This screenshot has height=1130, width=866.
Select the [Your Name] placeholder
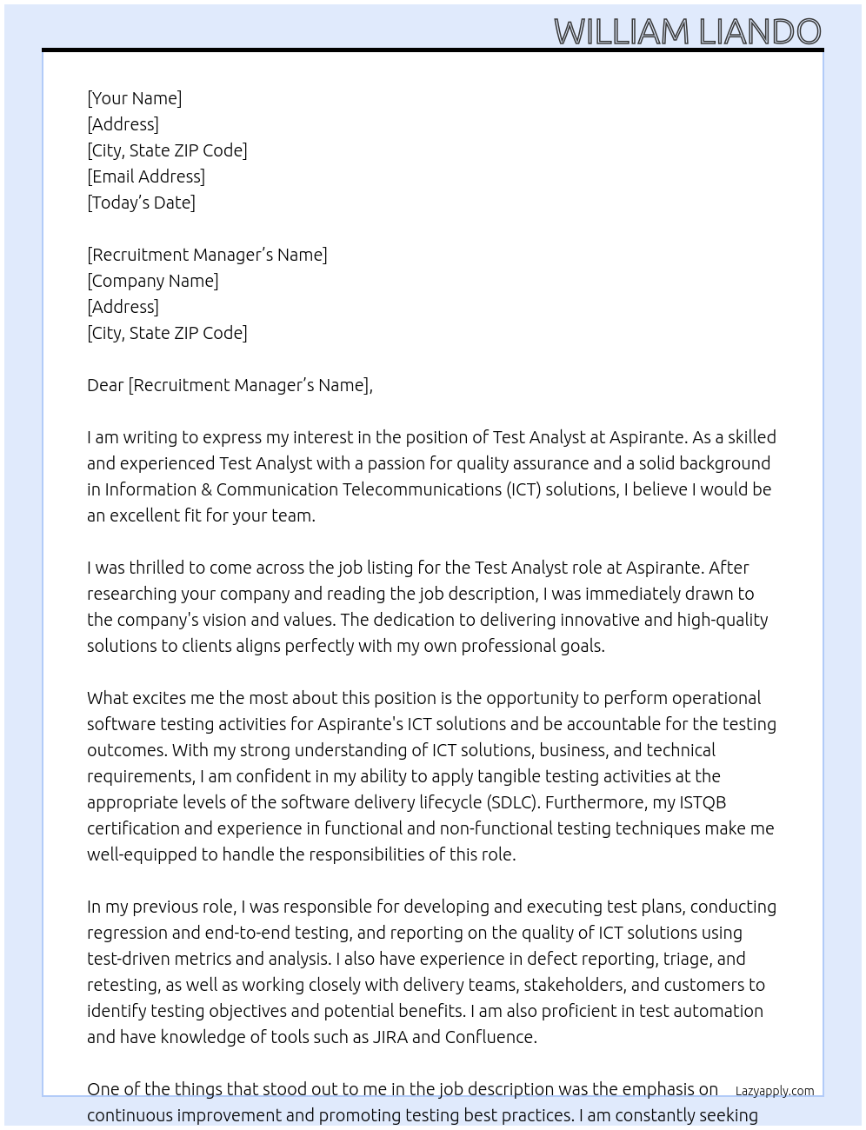[x=134, y=98]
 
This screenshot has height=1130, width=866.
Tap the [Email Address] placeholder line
[x=146, y=176]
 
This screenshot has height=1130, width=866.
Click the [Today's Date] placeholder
[x=141, y=203]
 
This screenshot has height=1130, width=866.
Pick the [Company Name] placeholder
[x=153, y=281]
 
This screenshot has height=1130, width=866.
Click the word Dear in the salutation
[x=105, y=385]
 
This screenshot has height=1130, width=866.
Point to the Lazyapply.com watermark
[x=774, y=1091]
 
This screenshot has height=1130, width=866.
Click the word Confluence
[x=490, y=1037]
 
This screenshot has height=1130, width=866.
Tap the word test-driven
[x=132, y=959]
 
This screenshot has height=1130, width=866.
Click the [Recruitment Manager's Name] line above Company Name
[x=207, y=255]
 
